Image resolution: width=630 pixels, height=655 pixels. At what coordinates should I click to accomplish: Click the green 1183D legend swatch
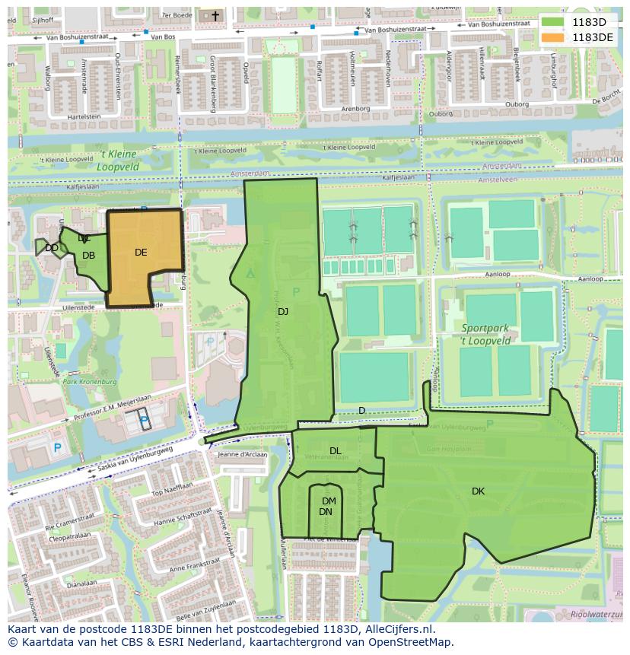(x=553, y=22)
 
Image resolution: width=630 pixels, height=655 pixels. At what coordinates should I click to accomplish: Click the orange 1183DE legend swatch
(x=553, y=37)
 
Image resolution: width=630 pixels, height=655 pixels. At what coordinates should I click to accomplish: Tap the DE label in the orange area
(x=141, y=253)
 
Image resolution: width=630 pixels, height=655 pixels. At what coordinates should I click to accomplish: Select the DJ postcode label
(x=283, y=311)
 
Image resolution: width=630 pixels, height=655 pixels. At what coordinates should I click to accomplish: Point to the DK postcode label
(x=478, y=491)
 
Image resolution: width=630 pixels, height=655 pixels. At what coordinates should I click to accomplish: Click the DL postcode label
(x=336, y=451)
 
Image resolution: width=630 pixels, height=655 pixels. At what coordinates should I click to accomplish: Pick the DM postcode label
(x=329, y=501)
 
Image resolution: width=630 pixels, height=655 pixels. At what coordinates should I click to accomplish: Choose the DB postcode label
(x=89, y=256)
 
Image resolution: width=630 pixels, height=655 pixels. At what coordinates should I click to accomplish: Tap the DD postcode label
(x=52, y=248)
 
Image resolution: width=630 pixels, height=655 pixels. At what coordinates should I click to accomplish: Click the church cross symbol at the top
(x=215, y=15)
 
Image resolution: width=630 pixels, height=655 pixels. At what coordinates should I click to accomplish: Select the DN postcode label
(x=326, y=512)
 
